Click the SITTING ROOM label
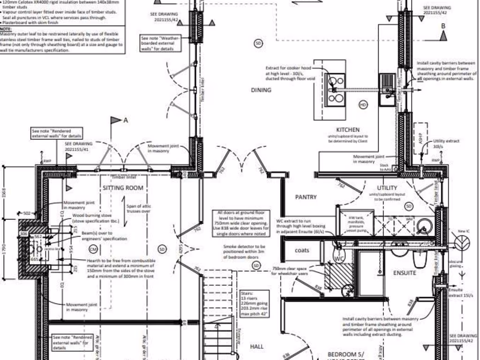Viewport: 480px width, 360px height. (123, 188)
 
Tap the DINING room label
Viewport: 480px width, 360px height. (261, 90)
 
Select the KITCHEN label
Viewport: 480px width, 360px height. (348, 130)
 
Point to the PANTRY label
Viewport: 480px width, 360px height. (306, 197)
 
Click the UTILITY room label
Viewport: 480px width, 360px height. (387, 188)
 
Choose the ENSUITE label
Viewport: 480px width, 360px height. (405, 272)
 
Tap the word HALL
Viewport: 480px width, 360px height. (257, 346)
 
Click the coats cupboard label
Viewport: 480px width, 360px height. (302, 250)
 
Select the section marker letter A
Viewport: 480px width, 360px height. (126, 120)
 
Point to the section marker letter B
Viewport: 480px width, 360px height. (443, 26)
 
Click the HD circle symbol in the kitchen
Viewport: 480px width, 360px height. (363, 105)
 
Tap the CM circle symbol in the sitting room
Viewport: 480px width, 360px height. (93, 249)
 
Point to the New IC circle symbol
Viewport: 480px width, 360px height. (462, 242)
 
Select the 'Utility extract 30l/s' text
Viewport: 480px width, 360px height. (446, 143)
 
